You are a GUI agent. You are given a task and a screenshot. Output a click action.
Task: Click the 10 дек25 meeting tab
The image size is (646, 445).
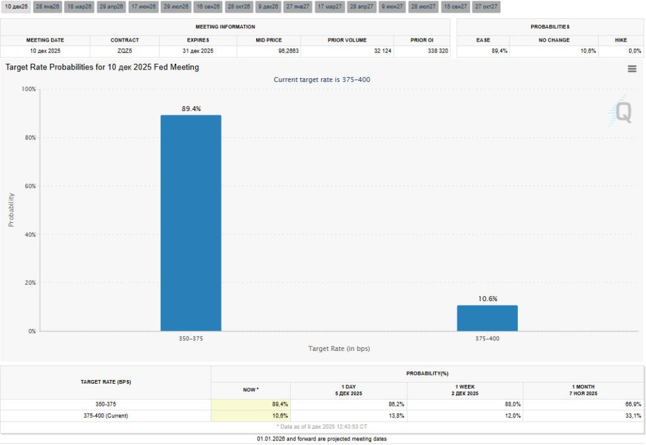16,7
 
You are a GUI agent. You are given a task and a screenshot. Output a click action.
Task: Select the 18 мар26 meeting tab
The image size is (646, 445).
79,7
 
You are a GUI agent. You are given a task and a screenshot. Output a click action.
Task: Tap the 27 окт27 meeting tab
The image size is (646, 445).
486,7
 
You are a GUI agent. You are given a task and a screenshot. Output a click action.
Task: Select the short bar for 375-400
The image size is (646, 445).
487,318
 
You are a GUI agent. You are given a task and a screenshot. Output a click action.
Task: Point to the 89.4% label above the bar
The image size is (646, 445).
191,109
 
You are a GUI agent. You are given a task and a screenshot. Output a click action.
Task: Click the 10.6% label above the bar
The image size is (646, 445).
487,299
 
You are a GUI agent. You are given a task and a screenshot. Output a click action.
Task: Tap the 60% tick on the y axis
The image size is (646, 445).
29,186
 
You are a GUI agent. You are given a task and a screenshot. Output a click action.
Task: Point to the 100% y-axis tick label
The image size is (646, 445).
28,89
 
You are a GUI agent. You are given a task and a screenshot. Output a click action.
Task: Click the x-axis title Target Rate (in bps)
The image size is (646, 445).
339,348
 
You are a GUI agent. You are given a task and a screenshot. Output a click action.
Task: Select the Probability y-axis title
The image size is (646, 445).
11,210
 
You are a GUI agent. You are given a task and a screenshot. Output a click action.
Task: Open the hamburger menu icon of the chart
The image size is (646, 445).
631,69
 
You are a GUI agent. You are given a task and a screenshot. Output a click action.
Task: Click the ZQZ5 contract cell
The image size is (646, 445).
124,50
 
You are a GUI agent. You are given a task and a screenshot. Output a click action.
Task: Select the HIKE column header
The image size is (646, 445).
621,40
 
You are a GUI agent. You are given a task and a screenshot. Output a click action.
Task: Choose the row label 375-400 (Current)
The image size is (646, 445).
105,416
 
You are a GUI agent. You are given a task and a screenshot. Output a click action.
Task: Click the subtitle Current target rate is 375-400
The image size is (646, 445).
322,80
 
